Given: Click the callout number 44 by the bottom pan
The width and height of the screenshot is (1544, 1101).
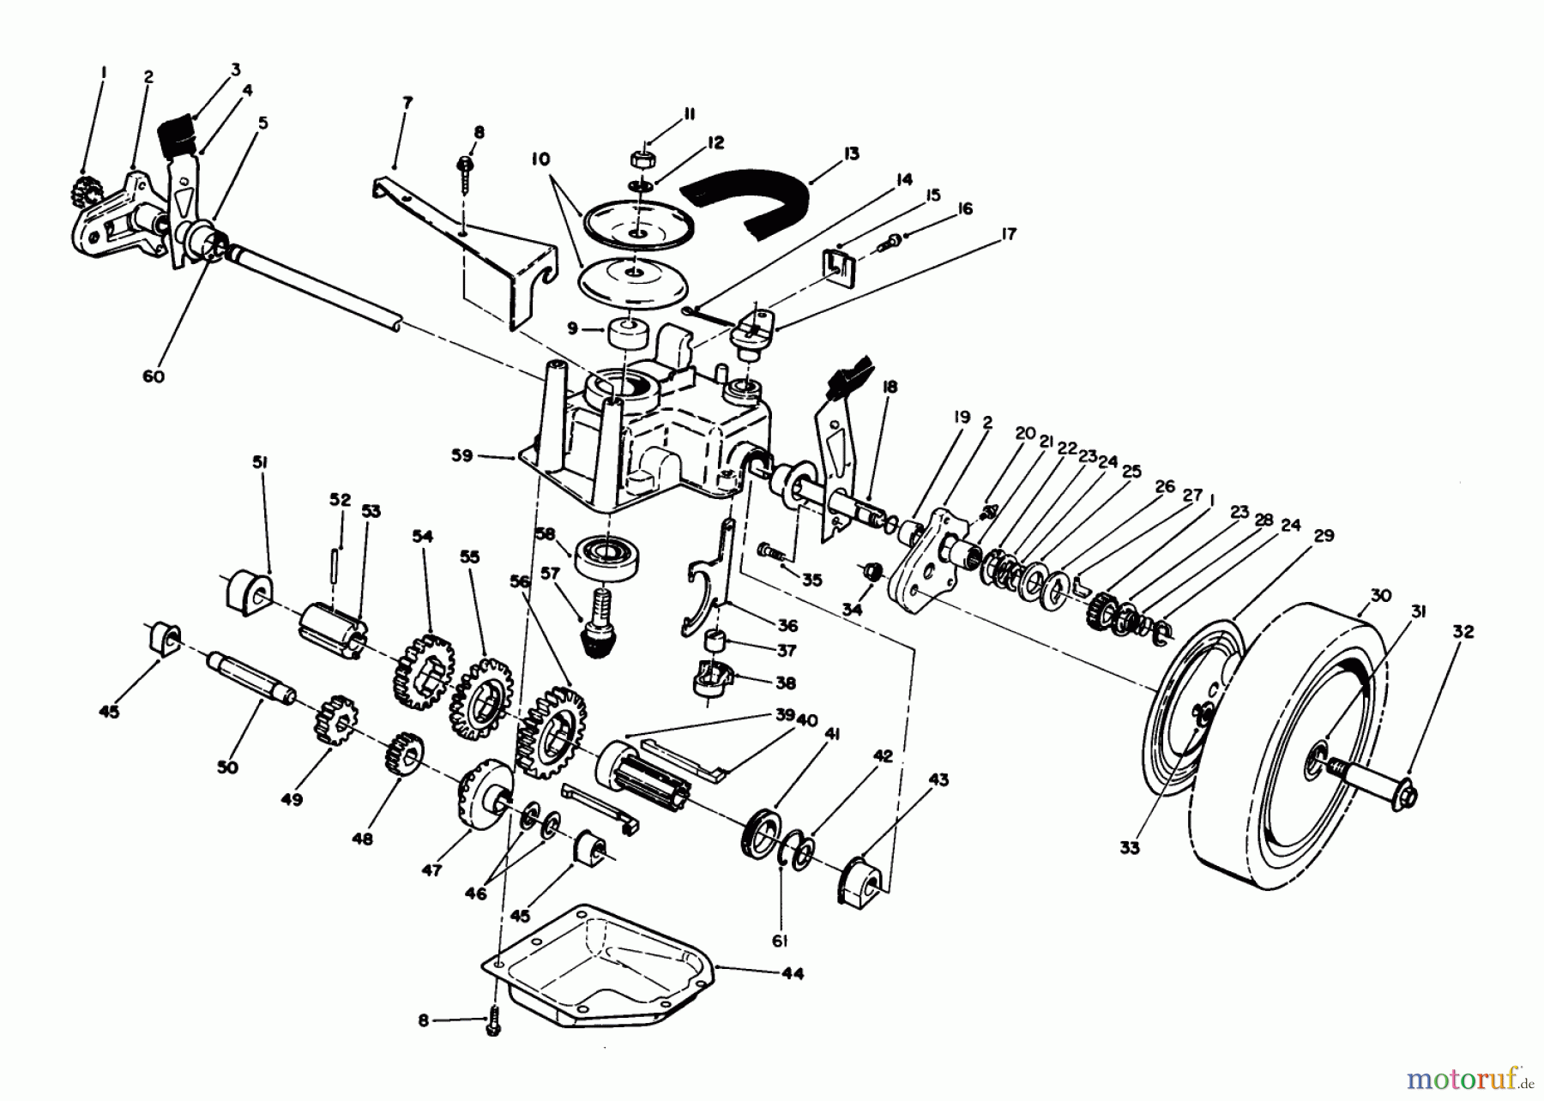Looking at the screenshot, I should point(793,975).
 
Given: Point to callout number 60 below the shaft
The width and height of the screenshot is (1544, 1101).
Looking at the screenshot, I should point(154,377).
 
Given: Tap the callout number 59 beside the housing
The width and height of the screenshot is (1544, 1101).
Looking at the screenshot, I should point(462,456).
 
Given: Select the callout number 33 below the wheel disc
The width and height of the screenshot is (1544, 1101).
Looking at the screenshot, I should point(1130,848).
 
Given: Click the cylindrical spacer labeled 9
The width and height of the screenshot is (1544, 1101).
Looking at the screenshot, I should point(629,334).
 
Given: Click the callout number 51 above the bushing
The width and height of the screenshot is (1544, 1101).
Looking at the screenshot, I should point(259,462).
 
